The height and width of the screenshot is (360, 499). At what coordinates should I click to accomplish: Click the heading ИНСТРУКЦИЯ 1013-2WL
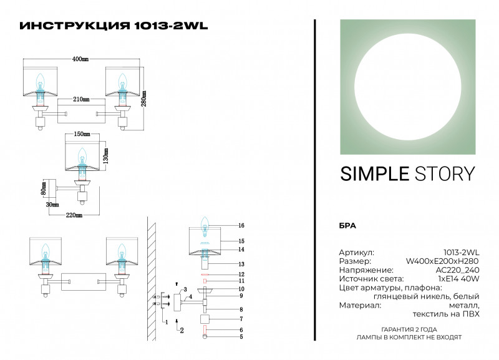click(x=114, y=26)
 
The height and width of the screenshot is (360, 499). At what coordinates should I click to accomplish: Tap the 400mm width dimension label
click(x=80, y=59)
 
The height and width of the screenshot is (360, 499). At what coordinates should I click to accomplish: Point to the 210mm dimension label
click(x=81, y=99)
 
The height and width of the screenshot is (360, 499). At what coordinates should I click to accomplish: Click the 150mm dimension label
click(x=82, y=135)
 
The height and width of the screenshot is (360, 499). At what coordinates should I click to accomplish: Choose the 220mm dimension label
click(x=74, y=215)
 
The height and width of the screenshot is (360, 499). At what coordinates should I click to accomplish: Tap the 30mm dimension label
click(x=52, y=204)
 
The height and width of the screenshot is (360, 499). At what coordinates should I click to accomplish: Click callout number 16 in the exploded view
click(x=241, y=225)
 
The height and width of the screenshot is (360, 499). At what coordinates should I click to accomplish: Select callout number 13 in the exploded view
click(x=241, y=264)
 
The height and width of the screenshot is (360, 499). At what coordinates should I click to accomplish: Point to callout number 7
click(x=241, y=319)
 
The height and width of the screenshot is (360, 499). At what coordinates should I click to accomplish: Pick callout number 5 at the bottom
click(x=241, y=337)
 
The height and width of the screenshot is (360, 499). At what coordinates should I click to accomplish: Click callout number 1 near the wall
click(x=165, y=321)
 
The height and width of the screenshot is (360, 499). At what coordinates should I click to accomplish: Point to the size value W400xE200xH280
click(x=442, y=261)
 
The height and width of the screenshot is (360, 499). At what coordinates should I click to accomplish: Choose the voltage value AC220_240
click(x=457, y=270)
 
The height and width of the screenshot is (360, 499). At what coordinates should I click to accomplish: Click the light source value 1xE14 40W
click(x=458, y=279)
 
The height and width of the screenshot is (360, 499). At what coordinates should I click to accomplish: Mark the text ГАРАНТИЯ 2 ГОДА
click(x=409, y=329)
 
